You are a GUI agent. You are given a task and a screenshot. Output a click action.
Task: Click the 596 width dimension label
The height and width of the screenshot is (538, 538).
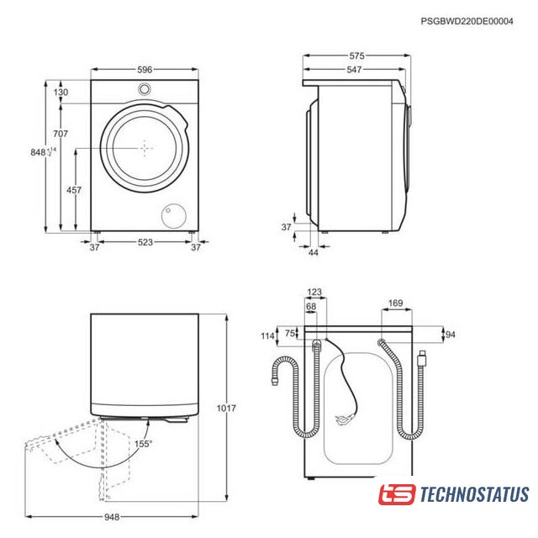(x=145, y=70)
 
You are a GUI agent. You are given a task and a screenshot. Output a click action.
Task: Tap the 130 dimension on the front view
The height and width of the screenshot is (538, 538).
(x=61, y=92)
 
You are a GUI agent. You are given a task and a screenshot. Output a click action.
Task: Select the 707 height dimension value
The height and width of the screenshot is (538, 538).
(x=61, y=133)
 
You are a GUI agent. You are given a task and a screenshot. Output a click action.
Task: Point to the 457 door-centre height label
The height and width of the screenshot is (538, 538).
(x=74, y=190)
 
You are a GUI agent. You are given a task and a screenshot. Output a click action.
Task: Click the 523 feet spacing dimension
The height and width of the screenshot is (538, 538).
(x=145, y=242)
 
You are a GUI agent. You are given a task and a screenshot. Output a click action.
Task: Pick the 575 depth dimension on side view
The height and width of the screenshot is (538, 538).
(x=356, y=55)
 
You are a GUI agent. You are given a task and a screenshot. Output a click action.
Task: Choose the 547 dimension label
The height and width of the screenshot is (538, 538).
(x=354, y=70)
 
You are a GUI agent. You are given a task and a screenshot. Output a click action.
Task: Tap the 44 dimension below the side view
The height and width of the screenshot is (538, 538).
(x=314, y=252)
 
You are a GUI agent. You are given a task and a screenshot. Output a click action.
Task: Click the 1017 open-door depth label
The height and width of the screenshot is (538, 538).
(x=226, y=408)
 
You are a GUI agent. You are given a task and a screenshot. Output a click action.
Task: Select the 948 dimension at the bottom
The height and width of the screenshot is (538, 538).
(x=112, y=517)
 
